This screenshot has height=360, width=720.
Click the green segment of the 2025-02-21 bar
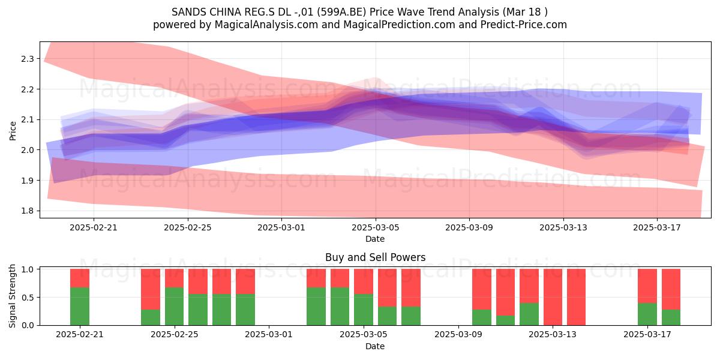[x=80, y=307]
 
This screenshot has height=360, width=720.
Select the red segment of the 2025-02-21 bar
[x=80, y=278]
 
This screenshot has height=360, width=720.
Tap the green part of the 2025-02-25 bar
[x=174, y=307]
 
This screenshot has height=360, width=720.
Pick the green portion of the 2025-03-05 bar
[x=364, y=310]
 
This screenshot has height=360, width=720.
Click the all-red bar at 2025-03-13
[x=553, y=297]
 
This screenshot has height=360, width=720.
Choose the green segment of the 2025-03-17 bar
[x=647, y=314]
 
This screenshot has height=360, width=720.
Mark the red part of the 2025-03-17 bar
[x=647, y=286]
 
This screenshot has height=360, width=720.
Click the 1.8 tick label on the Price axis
[x=28, y=211]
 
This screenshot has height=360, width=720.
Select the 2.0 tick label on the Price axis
[x=28, y=150]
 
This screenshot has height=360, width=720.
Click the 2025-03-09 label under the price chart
[x=469, y=227]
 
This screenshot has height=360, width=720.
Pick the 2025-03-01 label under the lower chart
[x=269, y=335]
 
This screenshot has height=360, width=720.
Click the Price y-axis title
[x=13, y=131]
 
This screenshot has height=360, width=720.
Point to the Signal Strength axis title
[x=12, y=296]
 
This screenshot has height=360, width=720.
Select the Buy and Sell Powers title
[x=375, y=257]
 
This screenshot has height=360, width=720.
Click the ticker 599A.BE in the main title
[x=341, y=12]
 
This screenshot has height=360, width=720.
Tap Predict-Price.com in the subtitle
[x=524, y=25]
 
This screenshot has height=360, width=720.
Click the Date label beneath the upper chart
[x=375, y=239]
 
